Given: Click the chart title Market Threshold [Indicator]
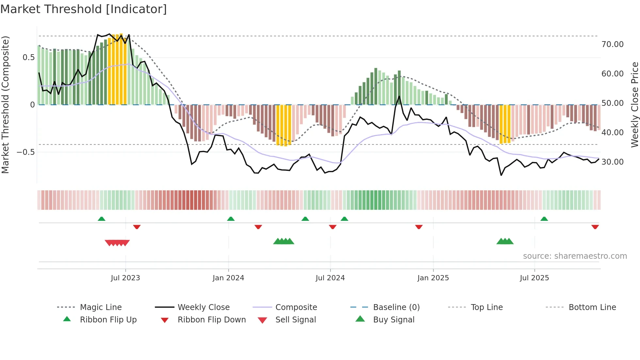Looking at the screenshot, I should click(x=84, y=9).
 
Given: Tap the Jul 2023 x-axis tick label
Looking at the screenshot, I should click(x=125, y=278).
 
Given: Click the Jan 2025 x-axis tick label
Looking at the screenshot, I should click(x=433, y=278).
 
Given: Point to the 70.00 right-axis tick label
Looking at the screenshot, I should click(x=612, y=44).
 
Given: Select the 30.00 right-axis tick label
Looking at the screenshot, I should click(x=612, y=162).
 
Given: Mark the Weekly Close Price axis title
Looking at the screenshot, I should click(x=634, y=105).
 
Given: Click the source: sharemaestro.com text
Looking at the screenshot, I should click(x=575, y=256).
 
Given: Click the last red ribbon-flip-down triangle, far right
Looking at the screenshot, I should click(x=595, y=227).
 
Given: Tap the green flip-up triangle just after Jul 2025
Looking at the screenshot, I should click(x=544, y=219).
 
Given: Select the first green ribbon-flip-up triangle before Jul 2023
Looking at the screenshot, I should click(x=102, y=219).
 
